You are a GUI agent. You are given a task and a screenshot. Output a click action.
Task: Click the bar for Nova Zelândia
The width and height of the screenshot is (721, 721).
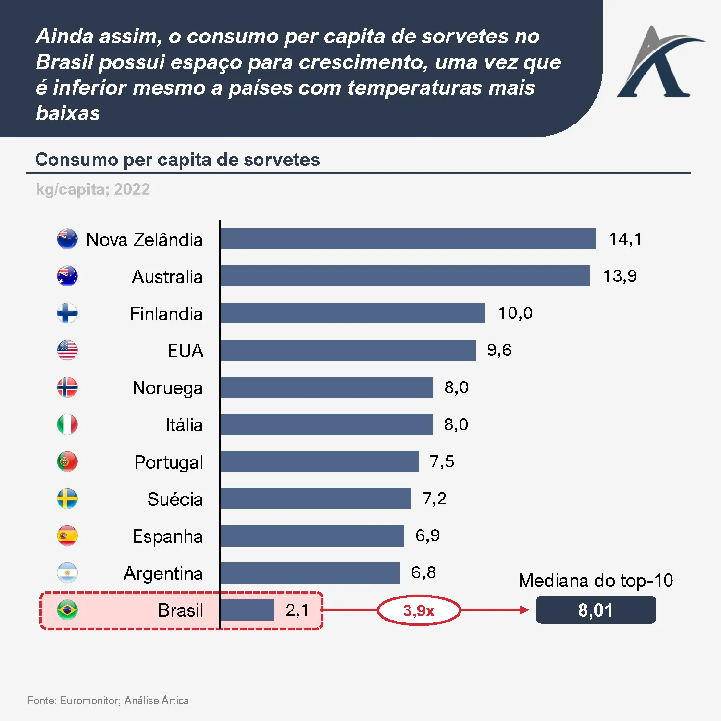(x=408, y=239)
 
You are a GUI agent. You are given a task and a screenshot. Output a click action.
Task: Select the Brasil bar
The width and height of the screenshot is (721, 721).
(x=247, y=610)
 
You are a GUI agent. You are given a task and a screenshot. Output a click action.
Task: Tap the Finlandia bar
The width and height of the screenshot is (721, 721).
(x=352, y=313)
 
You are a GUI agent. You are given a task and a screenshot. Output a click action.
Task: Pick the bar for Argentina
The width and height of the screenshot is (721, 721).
(x=310, y=573)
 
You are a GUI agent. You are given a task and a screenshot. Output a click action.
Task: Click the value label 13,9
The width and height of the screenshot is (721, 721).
(x=620, y=276)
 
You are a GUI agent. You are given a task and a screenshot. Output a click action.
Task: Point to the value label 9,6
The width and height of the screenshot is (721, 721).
(x=499, y=350)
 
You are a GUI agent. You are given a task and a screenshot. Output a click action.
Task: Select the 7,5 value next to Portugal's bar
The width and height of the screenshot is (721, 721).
(x=442, y=461)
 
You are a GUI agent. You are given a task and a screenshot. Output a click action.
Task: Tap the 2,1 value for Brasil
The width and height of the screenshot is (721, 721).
(x=298, y=610)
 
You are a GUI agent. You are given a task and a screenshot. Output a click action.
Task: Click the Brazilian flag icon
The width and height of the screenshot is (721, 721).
(x=67, y=610)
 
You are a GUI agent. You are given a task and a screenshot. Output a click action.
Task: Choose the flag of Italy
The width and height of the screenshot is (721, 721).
(x=67, y=424)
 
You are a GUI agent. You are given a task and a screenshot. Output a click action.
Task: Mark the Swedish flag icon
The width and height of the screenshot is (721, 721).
(x=67, y=499)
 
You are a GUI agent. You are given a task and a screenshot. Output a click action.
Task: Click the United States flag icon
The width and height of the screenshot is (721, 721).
(x=67, y=350)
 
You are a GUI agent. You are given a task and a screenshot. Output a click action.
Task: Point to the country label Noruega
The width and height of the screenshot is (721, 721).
(x=167, y=387)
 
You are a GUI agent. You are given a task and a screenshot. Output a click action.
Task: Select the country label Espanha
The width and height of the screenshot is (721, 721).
(x=167, y=536)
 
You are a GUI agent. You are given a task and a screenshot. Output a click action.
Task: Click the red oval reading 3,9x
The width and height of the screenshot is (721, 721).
(x=419, y=610)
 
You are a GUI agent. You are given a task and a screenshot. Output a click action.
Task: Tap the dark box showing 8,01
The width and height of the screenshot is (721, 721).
(x=596, y=610)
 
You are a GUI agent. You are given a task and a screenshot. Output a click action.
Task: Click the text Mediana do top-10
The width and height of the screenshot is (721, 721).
(x=596, y=581)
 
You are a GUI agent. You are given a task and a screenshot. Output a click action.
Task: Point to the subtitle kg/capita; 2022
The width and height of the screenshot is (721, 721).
(x=93, y=189)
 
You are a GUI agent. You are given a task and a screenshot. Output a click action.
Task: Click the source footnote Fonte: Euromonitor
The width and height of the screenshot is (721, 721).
(x=108, y=700)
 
